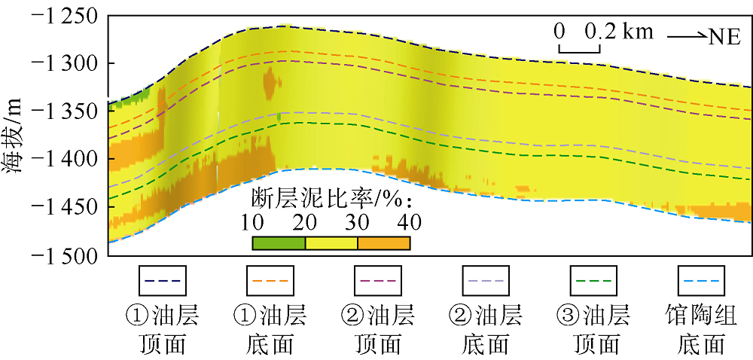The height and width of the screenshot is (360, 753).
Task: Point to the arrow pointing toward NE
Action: pyautogui.click(x=686, y=36)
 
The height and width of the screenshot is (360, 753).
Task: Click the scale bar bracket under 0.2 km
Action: pyautogui.click(x=579, y=50)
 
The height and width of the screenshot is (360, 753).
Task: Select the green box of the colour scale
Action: pyautogui.click(x=279, y=243)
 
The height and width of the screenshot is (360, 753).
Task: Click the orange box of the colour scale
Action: pyautogui.click(x=383, y=243)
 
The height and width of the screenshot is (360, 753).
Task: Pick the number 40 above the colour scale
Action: pyautogui.click(x=410, y=223)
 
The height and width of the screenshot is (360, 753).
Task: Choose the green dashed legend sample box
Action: pyautogui.click(x=596, y=281)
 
